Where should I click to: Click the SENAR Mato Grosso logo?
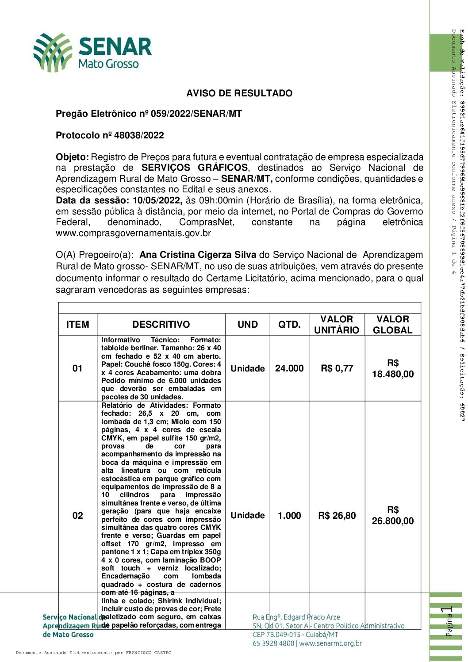[92, 53]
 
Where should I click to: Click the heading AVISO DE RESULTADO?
[239, 93]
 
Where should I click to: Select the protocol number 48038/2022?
[139, 135]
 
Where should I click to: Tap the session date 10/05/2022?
[157, 200]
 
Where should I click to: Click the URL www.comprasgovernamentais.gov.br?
[133, 233]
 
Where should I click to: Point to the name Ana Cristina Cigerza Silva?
[198, 255]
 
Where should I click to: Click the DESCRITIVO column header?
[161, 325]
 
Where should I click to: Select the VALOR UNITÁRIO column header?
[337, 325]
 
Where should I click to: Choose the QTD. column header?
[289, 325]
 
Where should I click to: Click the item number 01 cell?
[77, 368]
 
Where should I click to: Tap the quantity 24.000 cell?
[289, 368]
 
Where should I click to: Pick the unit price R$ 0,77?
[337, 368]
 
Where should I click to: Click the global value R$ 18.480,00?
[393, 369]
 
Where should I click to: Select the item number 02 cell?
[77, 516]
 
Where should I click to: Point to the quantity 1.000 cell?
[289, 516]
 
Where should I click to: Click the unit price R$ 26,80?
[337, 516]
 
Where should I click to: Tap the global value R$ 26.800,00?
[393, 516]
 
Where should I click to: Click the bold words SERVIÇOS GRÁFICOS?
[195, 168]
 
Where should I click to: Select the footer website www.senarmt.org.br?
[330, 643]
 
